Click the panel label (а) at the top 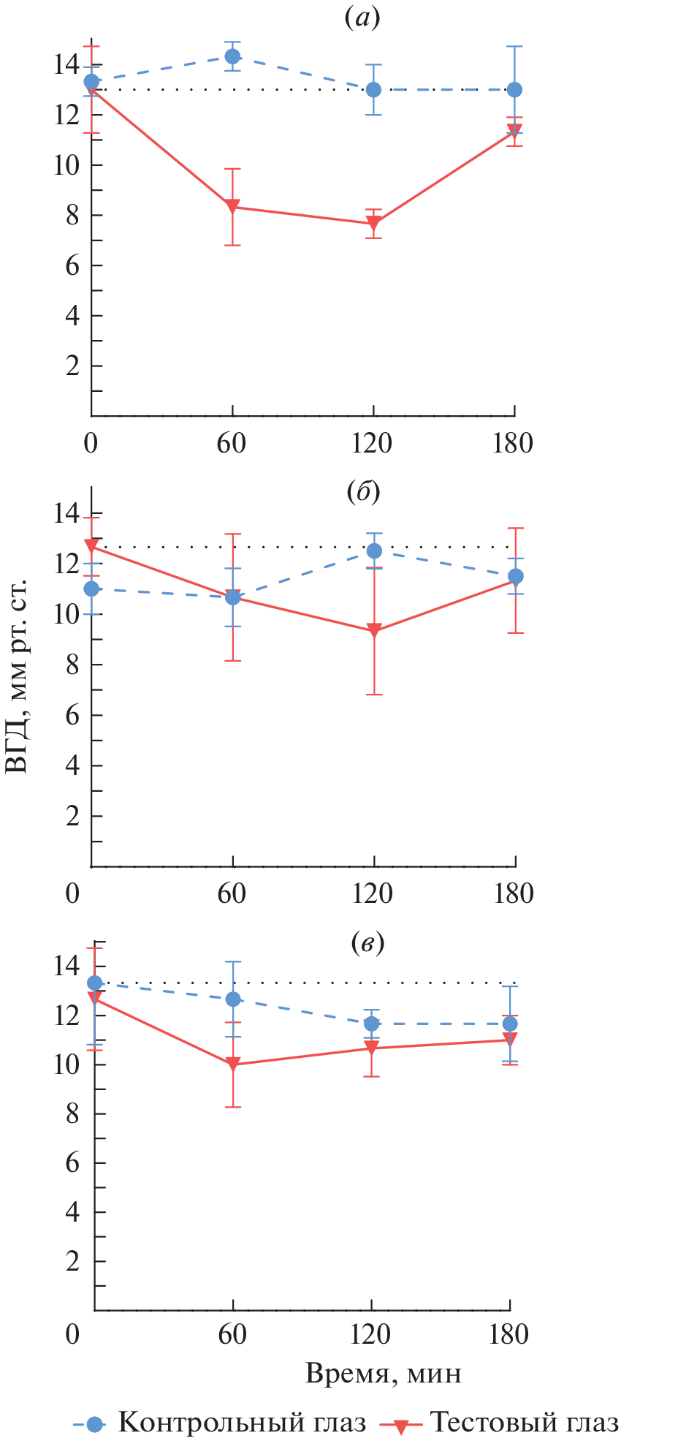(362, 18)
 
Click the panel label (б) (363, 492)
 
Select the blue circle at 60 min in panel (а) (232, 56)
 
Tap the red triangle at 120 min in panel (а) (373, 223)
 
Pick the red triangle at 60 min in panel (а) (232, 206)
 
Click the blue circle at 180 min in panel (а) (514, 90)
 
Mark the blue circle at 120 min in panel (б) (374, 551)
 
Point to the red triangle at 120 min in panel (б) (374, 630)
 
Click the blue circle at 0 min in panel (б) (91, 589)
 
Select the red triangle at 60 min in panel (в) (233, 1064)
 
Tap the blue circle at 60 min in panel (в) (233, 999)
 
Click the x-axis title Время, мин (384, 1373)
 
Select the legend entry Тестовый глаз (524, 1422)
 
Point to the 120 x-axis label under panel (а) (372, 443)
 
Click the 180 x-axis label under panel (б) (514, 893)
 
